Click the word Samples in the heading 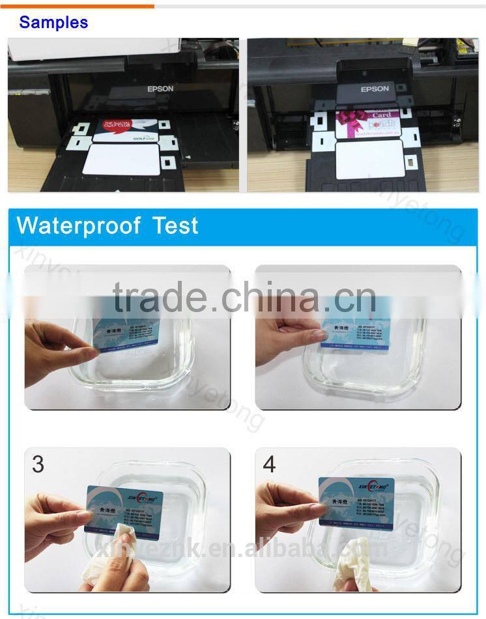coord(53,22)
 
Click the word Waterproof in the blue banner coord(78,226)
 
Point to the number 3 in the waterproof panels coord(38,464)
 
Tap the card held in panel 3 coord(124,509)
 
